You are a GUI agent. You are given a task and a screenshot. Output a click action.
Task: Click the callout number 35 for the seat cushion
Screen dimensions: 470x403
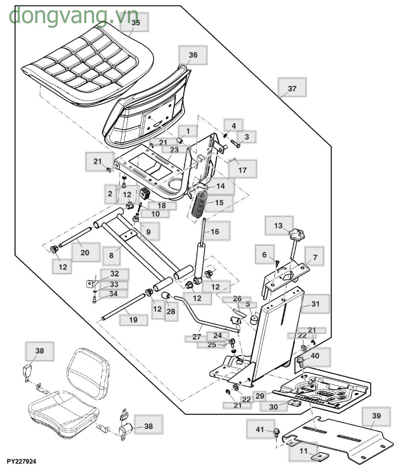(x=136, y=22)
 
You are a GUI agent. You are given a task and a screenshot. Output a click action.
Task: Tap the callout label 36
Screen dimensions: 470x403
(x=193, y=55)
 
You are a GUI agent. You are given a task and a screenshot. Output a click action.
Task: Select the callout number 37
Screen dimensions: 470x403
(x=292, y=88)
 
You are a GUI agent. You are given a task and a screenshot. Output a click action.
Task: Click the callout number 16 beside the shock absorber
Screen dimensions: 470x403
(x=215, y=232)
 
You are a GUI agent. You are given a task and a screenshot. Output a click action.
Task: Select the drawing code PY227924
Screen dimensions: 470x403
(x=21, y=461)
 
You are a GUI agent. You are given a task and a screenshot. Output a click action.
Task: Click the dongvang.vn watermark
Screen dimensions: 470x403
(x=73, y=15)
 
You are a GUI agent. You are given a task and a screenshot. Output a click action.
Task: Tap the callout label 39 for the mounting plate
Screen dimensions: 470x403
(x=376, y=416)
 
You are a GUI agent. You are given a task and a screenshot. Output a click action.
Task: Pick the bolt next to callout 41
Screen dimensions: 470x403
(x=276, y=432)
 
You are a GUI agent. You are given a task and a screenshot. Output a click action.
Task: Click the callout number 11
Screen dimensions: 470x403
(x=303, y=451)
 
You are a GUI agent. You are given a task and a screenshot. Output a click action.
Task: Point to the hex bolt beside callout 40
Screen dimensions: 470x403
(x=300, y=361)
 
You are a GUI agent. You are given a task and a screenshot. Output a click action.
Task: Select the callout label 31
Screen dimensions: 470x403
(x=315, y=304)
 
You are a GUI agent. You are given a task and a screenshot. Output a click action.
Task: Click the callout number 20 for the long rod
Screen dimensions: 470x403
(x=85, y=253)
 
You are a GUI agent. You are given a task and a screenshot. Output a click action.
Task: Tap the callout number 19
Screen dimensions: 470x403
(x=133, y=320)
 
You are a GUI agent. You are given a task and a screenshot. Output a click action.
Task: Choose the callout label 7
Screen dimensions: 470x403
(x=314, y=257)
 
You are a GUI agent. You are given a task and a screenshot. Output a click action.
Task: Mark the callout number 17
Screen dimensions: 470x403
(x=242, y=170)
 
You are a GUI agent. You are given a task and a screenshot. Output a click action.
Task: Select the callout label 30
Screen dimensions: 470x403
(x=273, y=407)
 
